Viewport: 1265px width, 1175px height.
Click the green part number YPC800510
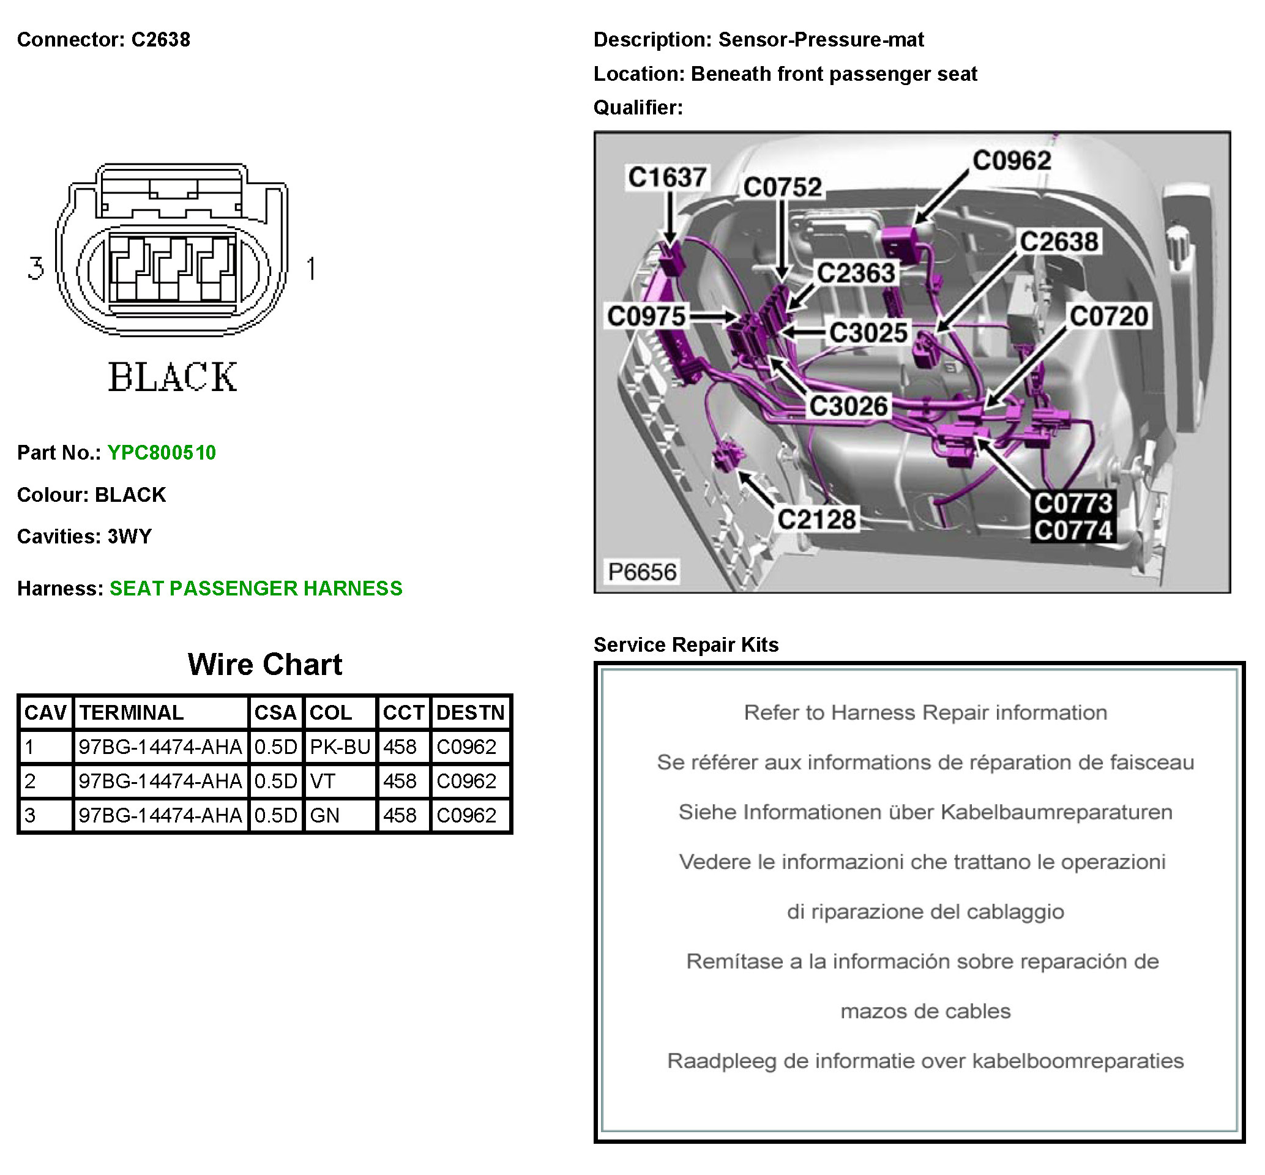point(162,453)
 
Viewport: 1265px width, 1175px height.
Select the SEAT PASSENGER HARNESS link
point(256,589)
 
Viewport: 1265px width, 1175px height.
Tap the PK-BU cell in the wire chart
point(340,747)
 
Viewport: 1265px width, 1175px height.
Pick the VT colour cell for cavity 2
point(323,781)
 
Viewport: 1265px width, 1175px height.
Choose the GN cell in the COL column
point(324,816)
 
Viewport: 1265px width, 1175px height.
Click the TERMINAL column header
point(132,713)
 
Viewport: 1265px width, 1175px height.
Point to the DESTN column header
point(470,713)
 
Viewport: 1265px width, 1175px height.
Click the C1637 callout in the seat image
point(667,177)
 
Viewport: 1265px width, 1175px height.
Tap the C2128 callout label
point(816,520)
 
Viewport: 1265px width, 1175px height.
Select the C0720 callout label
point(1108,316)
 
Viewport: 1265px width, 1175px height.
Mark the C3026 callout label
point(848,406)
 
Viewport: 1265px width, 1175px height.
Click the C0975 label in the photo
point(646,316)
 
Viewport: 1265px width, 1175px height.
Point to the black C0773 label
point(1072,504)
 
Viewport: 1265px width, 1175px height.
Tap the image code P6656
point(642,572)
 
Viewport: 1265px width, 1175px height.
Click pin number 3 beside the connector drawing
point(35,268)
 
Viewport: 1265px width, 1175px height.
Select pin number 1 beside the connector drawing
point(311,268)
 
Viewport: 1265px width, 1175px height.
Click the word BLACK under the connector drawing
point(172,377)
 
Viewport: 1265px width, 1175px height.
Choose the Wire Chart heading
point(264,665)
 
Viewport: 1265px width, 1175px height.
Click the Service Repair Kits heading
point(686,645)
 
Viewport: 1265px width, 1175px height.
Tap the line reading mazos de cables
point(925,1012)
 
